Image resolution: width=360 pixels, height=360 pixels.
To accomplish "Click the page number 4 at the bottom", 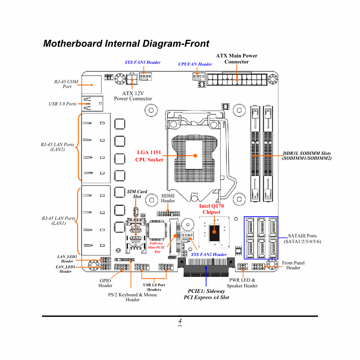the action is pos(180,321).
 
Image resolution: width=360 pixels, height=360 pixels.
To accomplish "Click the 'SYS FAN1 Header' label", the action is pos(143,62).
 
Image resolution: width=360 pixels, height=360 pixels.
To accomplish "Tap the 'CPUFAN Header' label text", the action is pos(195,64).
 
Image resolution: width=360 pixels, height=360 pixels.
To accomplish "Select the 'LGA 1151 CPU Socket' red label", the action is pos(149,156).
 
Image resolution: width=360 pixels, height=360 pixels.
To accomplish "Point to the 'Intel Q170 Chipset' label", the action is pos(212,209).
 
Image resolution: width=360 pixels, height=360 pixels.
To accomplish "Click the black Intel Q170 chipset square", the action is pos(214,233).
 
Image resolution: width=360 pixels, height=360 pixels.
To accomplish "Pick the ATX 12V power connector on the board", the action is pos(132,79).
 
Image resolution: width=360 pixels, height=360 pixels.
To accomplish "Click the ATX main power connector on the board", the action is pos(237,80).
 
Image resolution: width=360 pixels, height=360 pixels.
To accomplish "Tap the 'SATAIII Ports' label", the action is pos(302,236).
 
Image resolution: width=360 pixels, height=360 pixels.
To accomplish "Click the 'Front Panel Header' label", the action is pos(293,265).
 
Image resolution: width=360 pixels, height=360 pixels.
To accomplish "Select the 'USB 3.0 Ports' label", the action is pos(63,104).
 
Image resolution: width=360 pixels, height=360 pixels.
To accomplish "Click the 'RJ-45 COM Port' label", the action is pos(66,84).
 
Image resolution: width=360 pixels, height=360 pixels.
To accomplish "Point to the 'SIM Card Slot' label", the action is pos(137,194).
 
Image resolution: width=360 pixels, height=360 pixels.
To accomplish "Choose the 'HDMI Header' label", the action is pos(168,198).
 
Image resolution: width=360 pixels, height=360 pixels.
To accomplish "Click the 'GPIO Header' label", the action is pos(105,283).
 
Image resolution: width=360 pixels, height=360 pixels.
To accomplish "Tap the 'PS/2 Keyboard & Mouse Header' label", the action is pos(133,297).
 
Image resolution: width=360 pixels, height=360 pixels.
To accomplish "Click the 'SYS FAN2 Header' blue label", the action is pos(209,255).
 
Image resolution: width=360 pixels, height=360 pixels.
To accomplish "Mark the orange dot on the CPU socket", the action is pos(195,156).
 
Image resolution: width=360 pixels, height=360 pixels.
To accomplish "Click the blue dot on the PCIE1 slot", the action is pos(206,268).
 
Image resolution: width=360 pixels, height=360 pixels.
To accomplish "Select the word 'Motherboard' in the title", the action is pos(73,44).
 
